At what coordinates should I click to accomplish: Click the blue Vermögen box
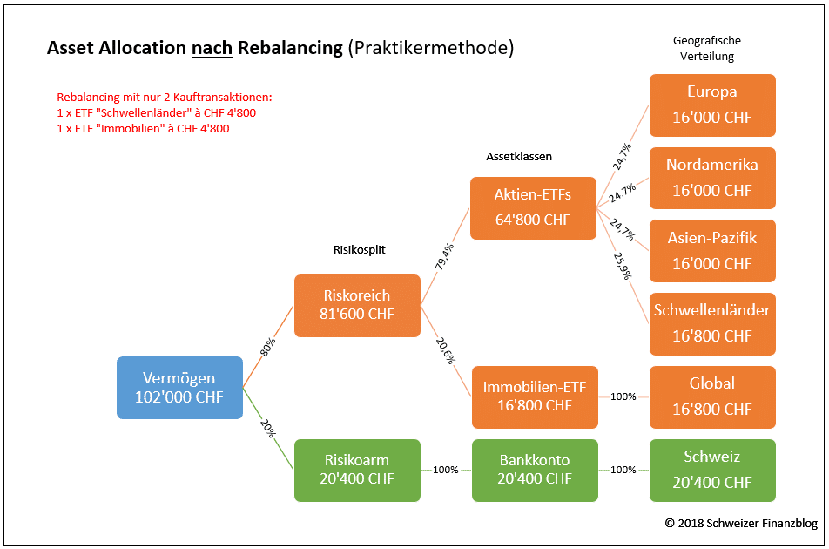coord(179,388)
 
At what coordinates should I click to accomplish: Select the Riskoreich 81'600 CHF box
coord(357,305)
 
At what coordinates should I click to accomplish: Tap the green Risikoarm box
coord(357,470)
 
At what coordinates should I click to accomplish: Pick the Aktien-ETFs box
coord(533,208)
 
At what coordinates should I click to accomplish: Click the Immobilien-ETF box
coord(535,396)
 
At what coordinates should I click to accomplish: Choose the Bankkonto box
coord(535,470)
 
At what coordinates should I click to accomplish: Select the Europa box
coord(712,105)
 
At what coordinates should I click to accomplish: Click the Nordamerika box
coord(712,178)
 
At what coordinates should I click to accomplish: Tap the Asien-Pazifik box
coord(712,251)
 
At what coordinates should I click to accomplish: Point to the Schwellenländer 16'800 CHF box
coord(712,323)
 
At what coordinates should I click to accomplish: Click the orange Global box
coord(712,396)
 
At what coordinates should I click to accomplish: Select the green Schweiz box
coord(712,470)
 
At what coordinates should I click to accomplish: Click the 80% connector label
coord(268,347)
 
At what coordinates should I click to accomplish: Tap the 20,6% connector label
coord(445,350)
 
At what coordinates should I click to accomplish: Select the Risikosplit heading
coord(360,249)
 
